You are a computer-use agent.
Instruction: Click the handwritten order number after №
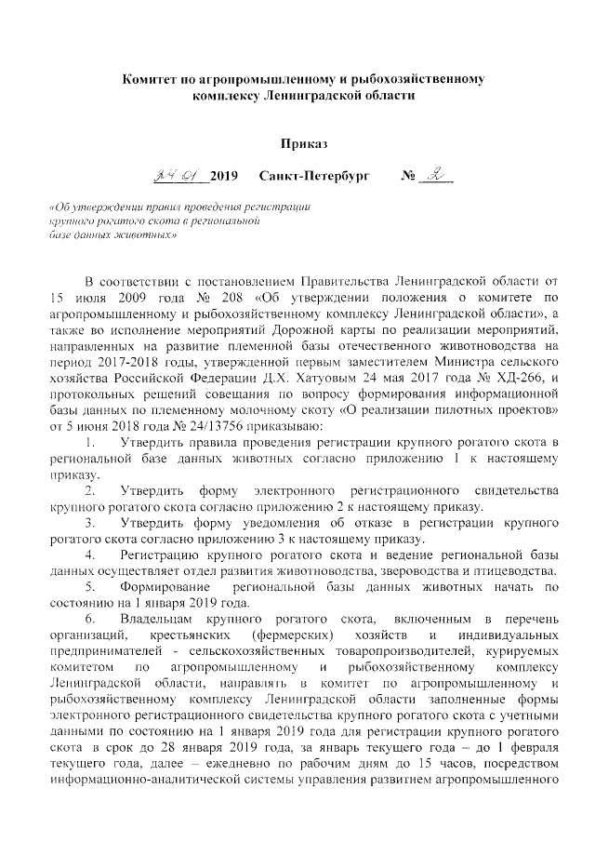(x=433, y=174)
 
